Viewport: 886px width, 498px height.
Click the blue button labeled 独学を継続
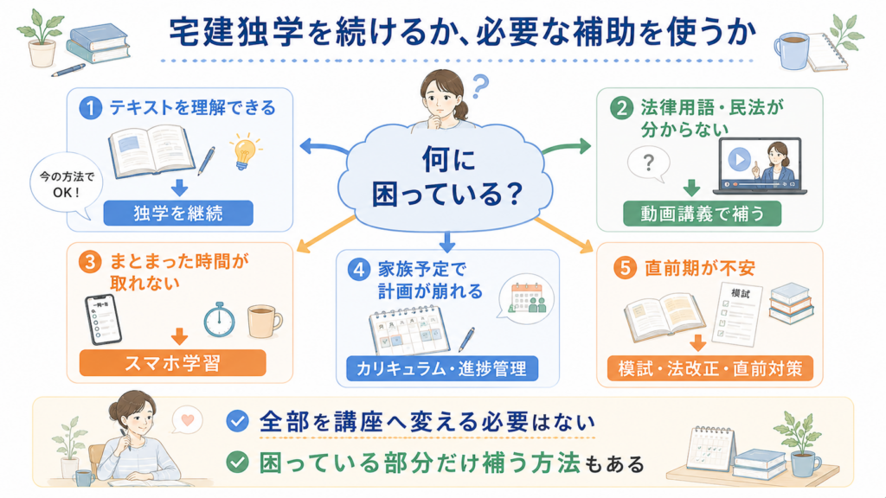(178, 214)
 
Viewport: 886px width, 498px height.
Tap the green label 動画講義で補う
(702, 214)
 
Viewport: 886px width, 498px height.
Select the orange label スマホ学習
(172, 363)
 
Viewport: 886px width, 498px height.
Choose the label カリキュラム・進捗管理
(441, 368)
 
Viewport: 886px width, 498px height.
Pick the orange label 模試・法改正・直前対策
(709, 368)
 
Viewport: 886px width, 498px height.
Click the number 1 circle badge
(90, 107)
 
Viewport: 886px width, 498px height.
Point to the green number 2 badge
(621, 107)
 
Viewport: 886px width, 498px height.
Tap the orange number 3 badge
(90, 262)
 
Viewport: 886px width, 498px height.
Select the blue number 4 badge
(359, 270)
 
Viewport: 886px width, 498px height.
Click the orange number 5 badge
(625, 268)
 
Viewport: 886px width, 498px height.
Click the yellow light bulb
(245, 151)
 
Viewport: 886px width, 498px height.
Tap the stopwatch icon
(219, 320)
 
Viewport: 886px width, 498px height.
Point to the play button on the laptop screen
(739, 159)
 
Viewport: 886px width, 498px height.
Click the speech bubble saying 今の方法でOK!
(66, 185)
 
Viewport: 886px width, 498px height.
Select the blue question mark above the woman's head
(480, 86)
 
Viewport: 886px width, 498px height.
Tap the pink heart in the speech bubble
(188, 419)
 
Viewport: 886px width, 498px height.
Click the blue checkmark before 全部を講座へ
(237, 421)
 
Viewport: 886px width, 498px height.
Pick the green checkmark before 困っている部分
(237, 463)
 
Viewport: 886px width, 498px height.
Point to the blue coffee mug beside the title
(791, 49)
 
